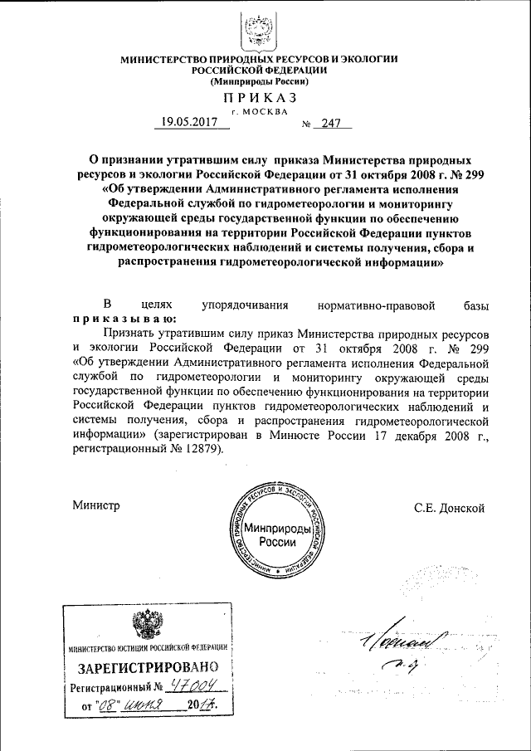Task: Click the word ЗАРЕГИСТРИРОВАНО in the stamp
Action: point(149,666)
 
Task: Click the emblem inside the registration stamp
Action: point(148,625)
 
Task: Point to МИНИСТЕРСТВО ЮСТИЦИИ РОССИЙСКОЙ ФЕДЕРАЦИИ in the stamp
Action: point(149,647)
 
